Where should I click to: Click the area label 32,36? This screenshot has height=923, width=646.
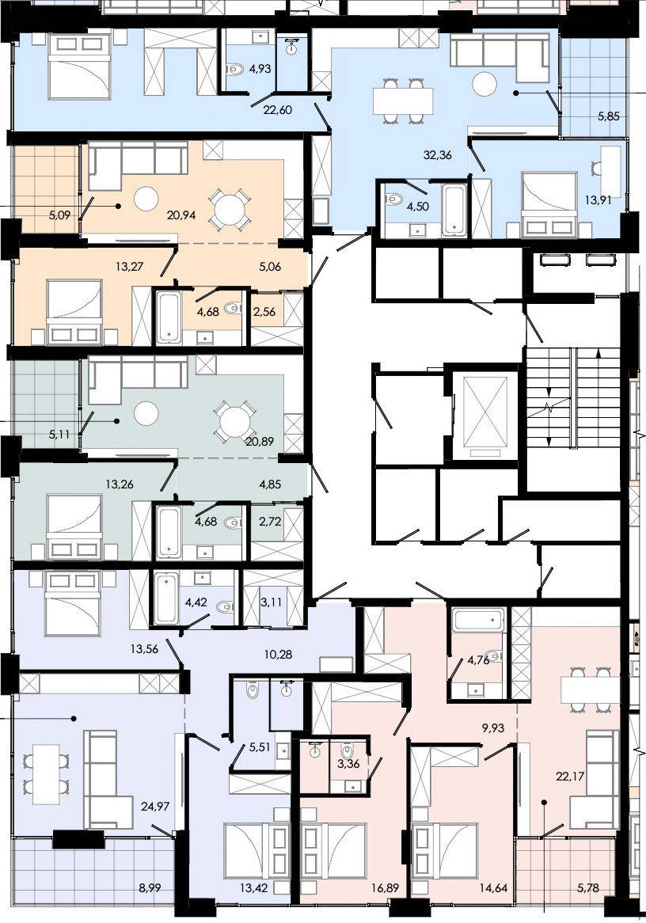[438, 155]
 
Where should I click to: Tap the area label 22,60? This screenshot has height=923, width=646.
[278, 109]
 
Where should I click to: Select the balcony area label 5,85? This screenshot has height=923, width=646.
[608, 116]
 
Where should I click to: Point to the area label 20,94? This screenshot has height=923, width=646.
[181, 215]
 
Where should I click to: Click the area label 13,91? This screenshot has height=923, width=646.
[597, 199]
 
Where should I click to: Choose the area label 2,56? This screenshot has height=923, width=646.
[264, 311]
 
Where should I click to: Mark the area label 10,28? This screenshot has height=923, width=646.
[278, 654]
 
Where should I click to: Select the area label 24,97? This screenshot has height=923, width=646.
[155, 806]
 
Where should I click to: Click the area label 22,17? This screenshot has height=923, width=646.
[570, 777]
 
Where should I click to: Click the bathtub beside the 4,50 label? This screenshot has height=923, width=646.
[454, 210]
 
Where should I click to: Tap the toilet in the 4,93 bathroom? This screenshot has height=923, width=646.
[236, 70]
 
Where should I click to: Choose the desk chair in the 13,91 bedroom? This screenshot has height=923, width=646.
[597, 168]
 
